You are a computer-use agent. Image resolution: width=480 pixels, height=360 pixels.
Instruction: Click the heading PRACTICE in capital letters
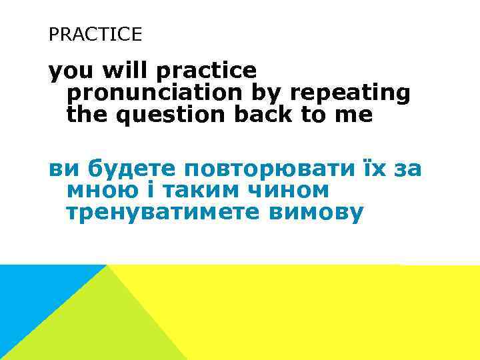pyautogui.click(x=95, y=34)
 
